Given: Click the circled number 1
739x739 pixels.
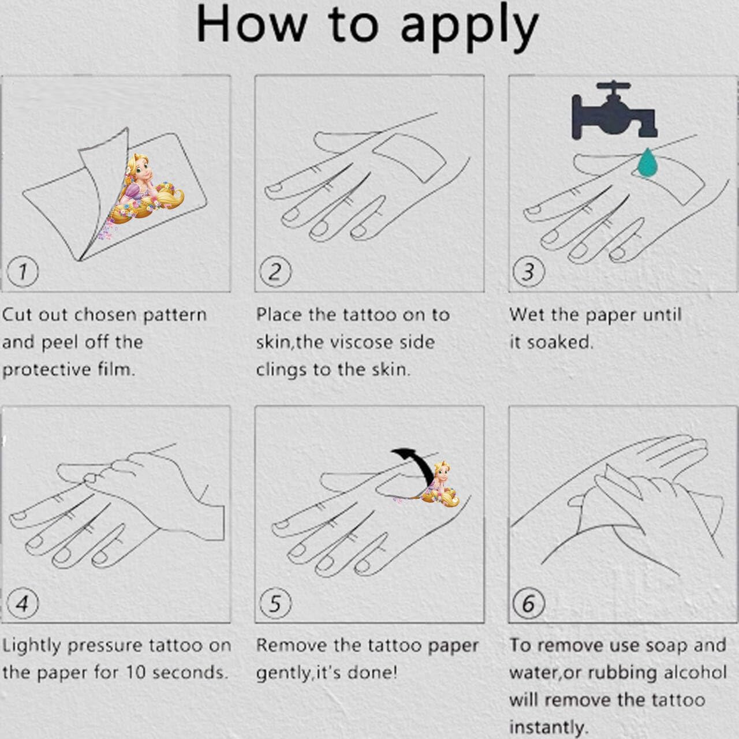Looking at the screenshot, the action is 23,271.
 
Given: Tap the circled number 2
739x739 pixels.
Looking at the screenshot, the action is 275,271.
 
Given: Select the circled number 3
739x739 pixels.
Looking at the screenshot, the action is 529,271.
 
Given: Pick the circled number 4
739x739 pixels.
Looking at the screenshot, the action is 23,604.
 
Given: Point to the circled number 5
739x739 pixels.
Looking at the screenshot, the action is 275,604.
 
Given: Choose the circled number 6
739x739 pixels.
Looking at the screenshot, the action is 529,604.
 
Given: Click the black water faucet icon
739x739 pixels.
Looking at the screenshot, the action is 614,109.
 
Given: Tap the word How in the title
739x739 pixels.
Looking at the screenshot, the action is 251,24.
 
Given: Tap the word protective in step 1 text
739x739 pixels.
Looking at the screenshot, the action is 47,369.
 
